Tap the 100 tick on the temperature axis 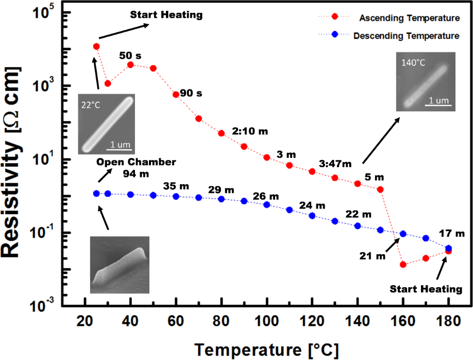[267, 321]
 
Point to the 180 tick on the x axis [448, 321]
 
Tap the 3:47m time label [334, 165]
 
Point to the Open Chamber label [136, 162]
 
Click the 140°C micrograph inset [426, 81]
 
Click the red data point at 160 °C [403, 265]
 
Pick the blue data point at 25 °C [96, 193]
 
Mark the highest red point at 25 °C [96, 46]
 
